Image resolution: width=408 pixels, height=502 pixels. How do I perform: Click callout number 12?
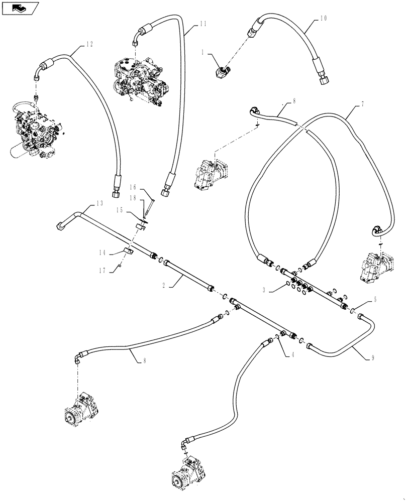pos(89,44)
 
